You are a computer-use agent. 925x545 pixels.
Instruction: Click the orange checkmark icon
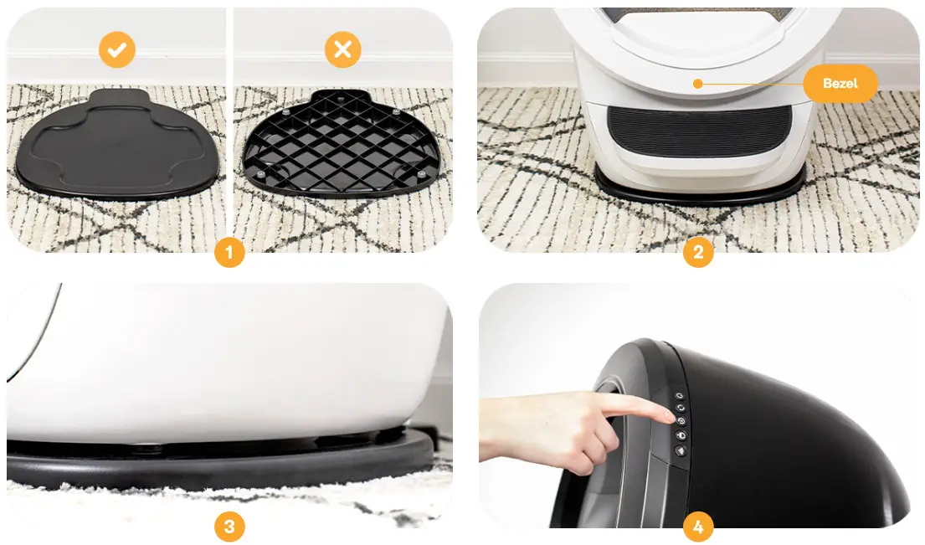coord(117,50)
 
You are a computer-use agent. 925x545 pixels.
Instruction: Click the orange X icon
coord(342,50)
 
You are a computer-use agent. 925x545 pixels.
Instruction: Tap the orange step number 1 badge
coord(229,252)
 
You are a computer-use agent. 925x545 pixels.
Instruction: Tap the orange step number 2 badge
coord(698,252)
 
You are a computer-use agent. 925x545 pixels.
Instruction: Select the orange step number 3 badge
coord(229,527)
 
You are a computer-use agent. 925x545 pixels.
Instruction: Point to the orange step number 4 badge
coord(698,527)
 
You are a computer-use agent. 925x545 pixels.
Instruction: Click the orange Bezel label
coord(840,84)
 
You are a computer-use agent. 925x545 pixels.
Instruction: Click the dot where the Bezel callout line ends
coord(696,84)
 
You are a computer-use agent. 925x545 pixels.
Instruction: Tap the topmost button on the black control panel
coord(679,395)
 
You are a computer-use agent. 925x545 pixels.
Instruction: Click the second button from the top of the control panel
coord(679,408)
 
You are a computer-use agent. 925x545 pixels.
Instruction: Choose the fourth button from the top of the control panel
coord(679,435)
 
